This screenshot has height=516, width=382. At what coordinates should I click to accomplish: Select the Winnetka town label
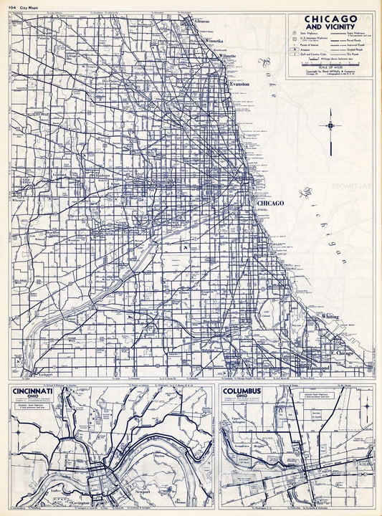click(x=215, y=42)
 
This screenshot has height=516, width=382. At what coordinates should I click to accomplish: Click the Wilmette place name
click(x=227, y=55)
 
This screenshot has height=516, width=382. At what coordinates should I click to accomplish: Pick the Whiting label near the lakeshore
click(x=330, y=316)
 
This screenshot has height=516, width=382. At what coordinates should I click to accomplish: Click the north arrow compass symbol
click(x=330, y=126)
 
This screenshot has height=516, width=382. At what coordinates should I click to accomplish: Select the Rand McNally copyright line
click(x=330, y=72)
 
